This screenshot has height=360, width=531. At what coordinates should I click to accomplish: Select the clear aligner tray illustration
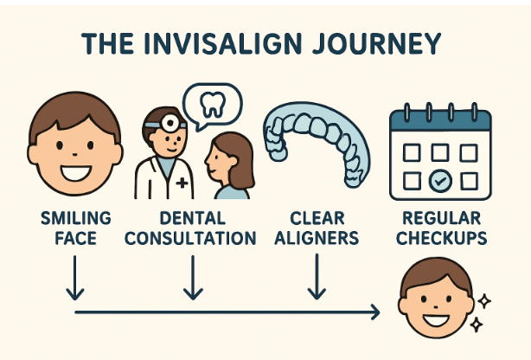(316, 143)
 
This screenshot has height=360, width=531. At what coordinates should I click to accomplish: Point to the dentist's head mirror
(157, 124)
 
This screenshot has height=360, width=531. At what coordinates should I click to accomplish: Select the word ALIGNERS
(316, 238)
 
